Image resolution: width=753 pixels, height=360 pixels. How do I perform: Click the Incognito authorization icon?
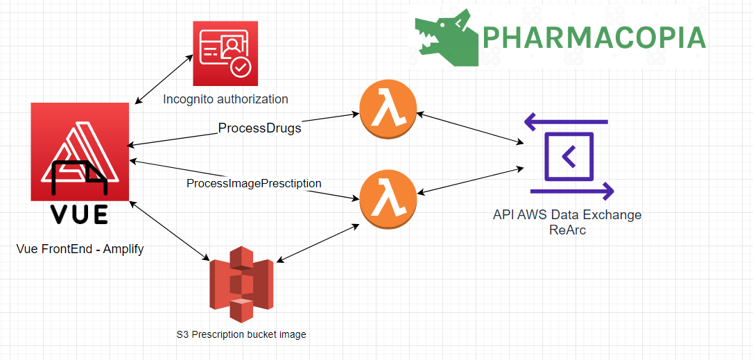click(x=225, y=53)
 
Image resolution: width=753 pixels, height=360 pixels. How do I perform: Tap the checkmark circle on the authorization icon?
click(x=239, y=68)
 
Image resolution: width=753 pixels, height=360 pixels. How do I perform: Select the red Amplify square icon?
click(x=80, y=151)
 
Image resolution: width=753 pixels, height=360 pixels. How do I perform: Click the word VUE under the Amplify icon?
click(x=80, y=214)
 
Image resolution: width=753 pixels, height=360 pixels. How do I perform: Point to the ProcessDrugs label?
click(x=260, y=128)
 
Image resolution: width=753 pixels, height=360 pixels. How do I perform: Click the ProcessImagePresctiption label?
click(x=254, y=183)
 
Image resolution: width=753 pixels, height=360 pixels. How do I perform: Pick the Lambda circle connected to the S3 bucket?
click(x=388, y=200)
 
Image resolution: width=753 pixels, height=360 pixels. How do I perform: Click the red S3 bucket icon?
click(x=241, y=284)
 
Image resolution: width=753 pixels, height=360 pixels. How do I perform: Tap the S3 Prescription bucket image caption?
click(x=241, y=334)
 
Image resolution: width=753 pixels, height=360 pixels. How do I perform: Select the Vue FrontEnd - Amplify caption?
click(x=80, y=249)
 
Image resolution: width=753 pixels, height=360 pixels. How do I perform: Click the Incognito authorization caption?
click(x=226, y=99)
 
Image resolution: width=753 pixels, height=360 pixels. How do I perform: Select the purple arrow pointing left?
click(x=566, y=122)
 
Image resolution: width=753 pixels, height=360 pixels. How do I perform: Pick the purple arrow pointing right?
click(x=572, y=191)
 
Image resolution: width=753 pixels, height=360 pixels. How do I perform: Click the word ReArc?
click(x=568, y=230)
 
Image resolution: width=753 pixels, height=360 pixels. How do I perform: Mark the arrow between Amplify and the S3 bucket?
click(x=170, y=231)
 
